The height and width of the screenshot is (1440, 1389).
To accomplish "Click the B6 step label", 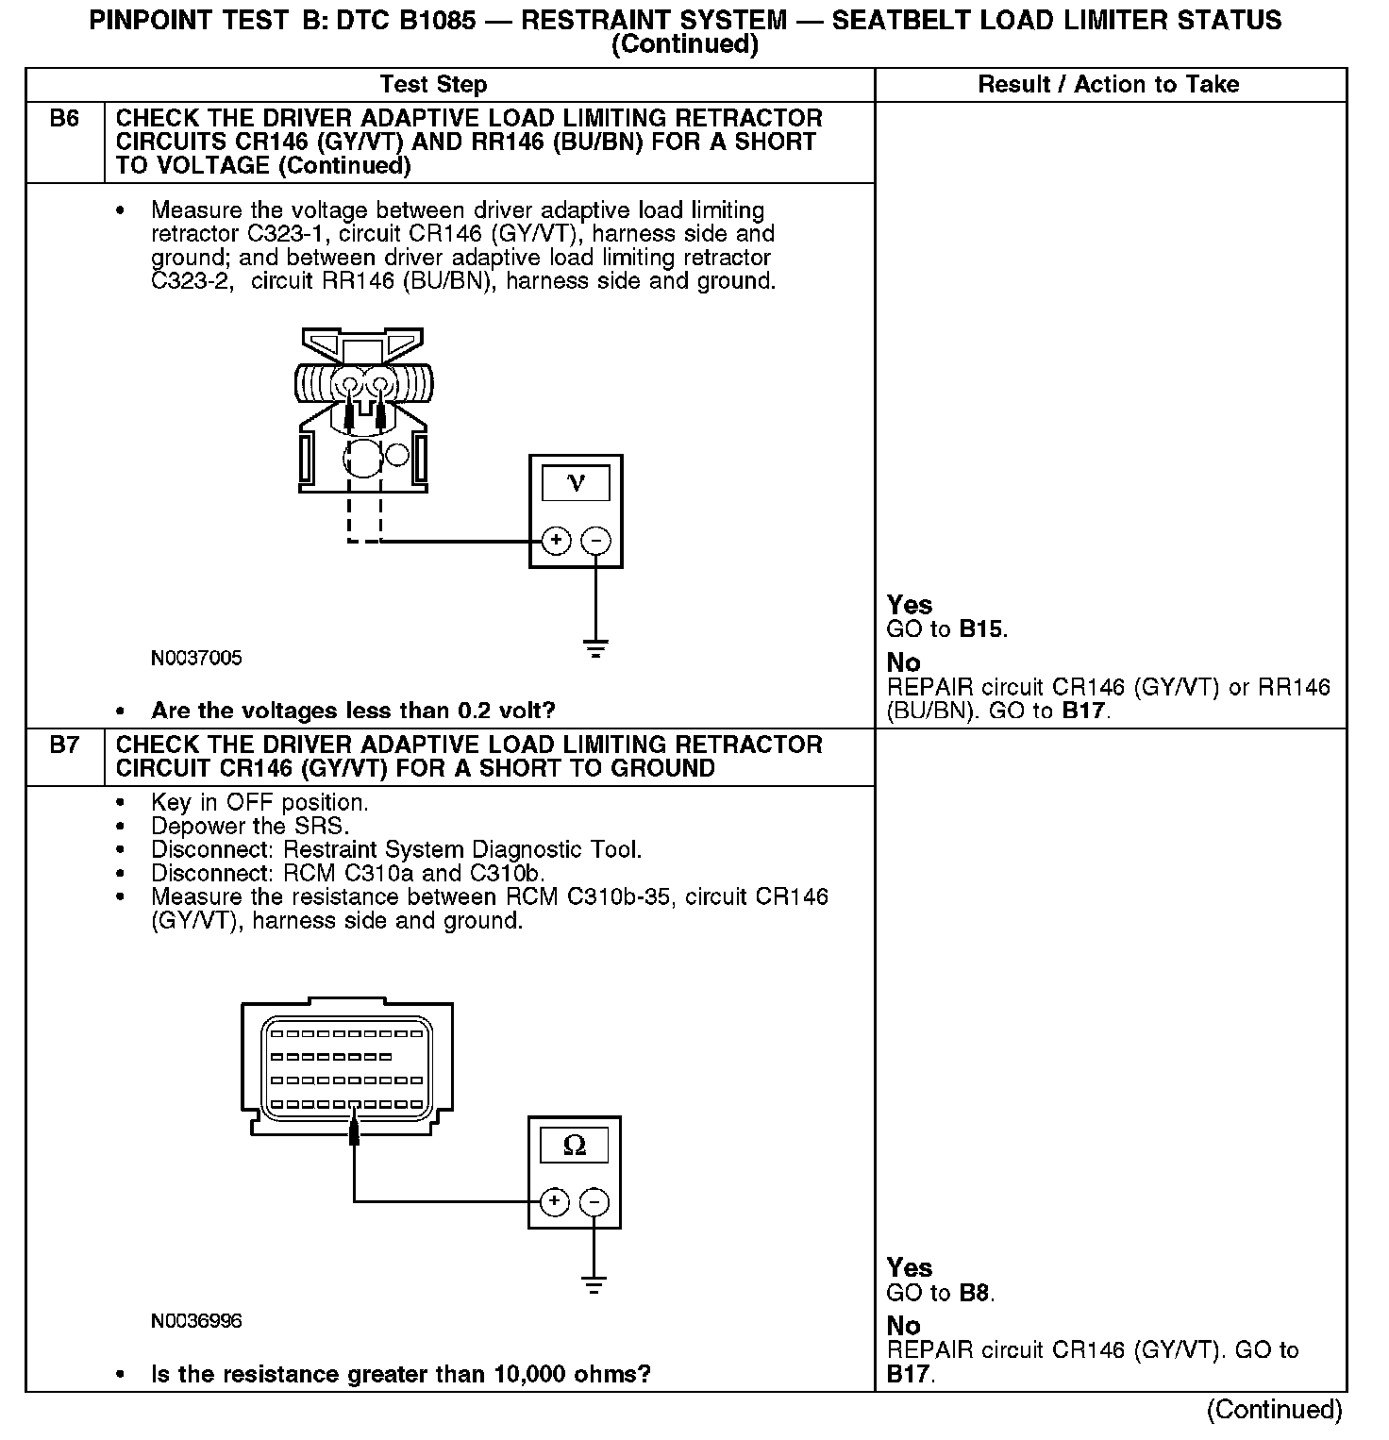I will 64,119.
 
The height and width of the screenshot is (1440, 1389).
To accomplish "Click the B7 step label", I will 64,745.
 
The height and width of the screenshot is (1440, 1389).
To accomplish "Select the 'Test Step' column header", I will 433,85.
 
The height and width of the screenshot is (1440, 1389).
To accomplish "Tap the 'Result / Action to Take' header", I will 1108,85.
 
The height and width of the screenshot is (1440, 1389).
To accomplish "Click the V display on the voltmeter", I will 576,484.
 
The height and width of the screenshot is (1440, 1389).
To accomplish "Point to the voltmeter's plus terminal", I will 557,541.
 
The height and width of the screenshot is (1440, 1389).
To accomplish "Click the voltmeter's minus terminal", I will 595,541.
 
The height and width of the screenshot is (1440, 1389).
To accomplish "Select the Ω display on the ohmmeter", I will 574,1146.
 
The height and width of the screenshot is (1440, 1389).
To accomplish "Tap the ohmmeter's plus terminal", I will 555,1201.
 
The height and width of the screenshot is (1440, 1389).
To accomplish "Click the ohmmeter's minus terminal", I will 594,1201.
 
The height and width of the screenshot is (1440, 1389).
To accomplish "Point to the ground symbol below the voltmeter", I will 595,648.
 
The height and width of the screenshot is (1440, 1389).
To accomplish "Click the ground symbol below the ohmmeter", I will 594,1284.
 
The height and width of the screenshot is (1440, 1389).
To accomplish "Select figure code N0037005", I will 196,659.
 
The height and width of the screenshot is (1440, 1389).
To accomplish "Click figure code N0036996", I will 196,1321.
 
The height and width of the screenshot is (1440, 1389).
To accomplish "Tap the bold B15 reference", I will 981,629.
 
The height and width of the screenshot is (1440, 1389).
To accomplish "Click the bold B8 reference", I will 976,1293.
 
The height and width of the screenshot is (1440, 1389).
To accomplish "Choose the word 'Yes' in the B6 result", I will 910,605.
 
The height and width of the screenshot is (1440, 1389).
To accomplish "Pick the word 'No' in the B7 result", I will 903,1325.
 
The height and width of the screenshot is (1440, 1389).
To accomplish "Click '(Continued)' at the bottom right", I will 1274,1409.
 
